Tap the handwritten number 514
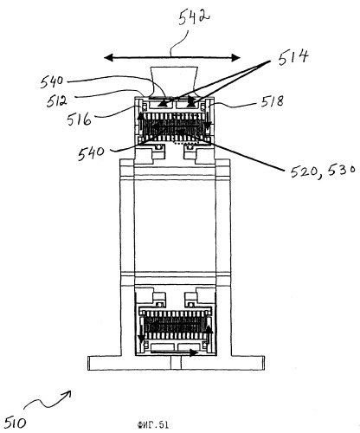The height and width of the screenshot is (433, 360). click(292, 57)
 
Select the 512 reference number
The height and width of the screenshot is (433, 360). click(57, 100)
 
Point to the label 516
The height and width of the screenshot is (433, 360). click(79, 119)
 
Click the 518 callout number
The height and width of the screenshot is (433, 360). click(272, 100)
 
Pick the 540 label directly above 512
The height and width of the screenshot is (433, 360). click(52, 81)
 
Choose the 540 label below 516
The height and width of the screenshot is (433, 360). click(91, 153)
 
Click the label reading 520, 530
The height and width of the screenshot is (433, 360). click(323, 171)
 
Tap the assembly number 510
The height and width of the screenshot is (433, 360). click(15, 422)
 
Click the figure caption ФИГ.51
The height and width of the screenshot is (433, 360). click(153, 424)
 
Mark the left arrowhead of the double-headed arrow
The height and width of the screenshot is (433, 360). click(108, 58)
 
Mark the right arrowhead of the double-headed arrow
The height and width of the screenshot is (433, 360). click(236, 58)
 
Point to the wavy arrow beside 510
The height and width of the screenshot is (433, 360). click(48, 399)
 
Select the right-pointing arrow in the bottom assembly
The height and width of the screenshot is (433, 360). click(174, 352)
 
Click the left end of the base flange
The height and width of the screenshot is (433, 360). click(88, 363)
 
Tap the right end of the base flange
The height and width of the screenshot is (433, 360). click(264, 363)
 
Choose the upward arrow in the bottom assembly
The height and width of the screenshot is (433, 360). click(209, 335)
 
